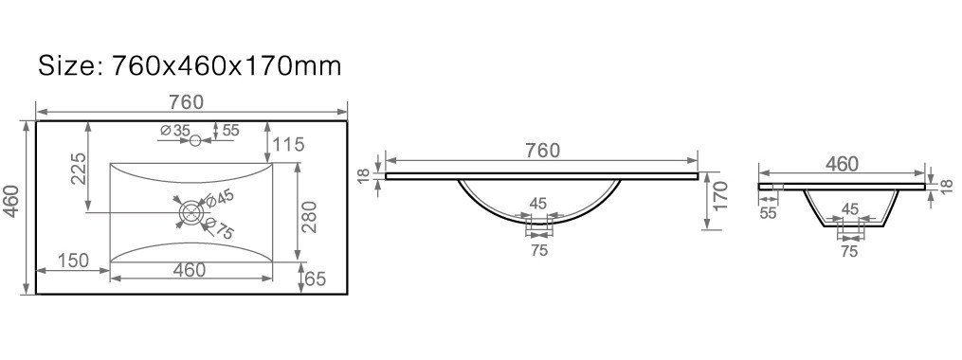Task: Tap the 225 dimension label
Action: [78, 169]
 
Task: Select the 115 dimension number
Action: [288, 145]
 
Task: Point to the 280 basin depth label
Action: [312, 217]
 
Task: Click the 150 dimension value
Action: [73, 261]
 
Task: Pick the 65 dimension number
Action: [315, 279]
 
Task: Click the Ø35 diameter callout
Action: [174, 131]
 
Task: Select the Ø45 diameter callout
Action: [220, 197]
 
